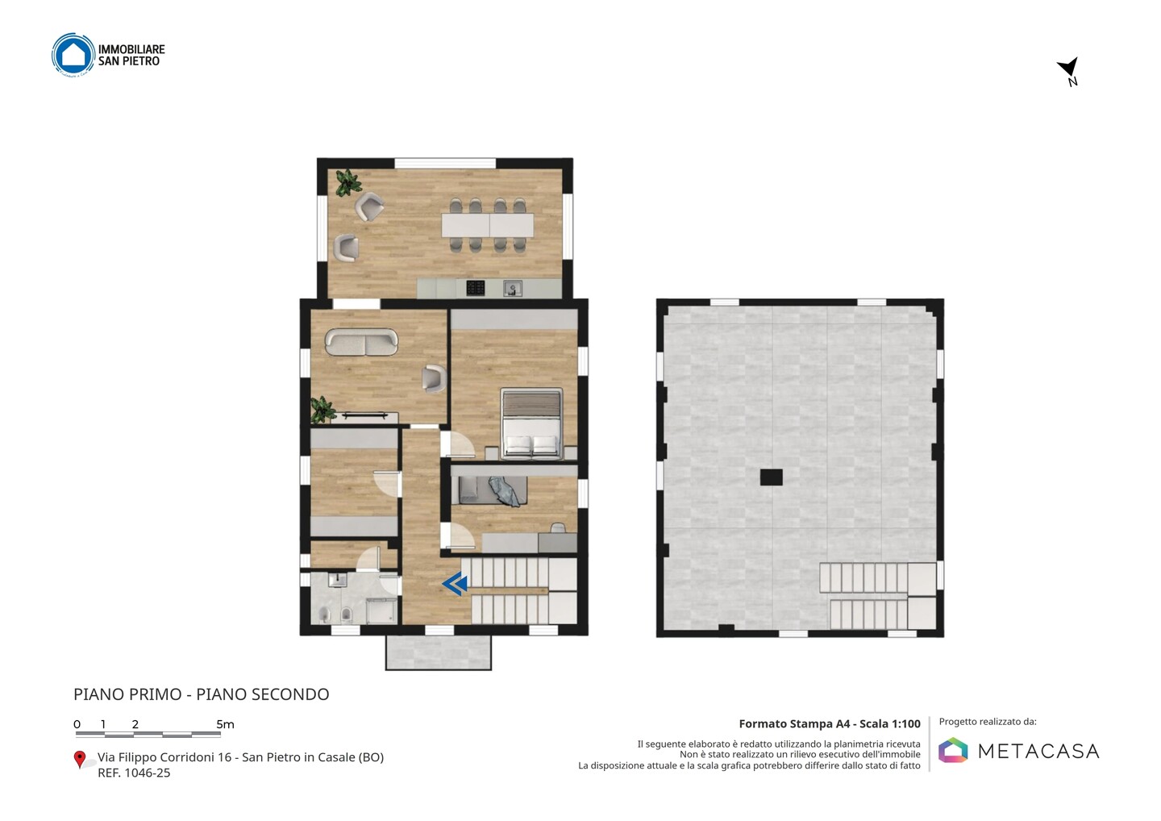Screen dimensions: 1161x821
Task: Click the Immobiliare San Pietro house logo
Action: (x=73, y=54)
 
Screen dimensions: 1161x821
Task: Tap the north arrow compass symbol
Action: (x=1069, y=70)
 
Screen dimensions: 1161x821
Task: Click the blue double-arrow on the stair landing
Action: (x=455, y=584)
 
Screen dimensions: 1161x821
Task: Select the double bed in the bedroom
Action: (x=531, y=424)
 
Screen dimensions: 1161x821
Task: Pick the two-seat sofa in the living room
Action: (x=361, y=342)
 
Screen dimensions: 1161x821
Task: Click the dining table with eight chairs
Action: (x=487, y=225)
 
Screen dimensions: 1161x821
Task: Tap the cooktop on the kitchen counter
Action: (x=476, y=288)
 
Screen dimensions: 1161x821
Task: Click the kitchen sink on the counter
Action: (x=513, y=288)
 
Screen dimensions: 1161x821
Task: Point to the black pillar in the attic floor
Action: (x=772, y=477)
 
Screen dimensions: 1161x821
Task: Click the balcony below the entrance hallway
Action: (x=439, y=652)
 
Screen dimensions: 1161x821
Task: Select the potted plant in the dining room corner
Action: (x=347, y=182)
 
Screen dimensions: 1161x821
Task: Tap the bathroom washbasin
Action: (x=338, y=580)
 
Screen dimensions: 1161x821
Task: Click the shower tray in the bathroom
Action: (x=381, y=611)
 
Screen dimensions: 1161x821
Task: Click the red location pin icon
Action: (x=79, y=760)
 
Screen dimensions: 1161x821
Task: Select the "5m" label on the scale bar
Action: (x=226, y=724)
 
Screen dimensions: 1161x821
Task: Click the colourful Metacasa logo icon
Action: (x=953, y=750)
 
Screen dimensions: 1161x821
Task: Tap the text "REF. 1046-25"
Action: (x=134, y=773)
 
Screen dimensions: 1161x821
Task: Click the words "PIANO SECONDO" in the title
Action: (x=262, y=694)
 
